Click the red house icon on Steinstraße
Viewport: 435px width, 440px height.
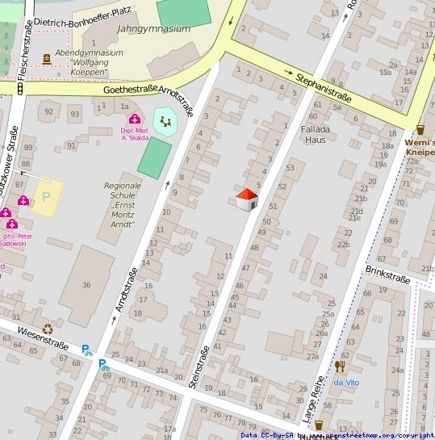tap(247, 199)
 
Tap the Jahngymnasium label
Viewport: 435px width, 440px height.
tap(153, 28)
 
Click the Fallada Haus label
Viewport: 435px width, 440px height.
tap(315, 134)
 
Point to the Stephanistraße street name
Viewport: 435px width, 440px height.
tap(324, 88)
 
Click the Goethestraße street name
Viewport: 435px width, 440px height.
tap(129, 90)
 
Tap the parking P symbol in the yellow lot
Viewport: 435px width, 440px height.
tap(46, 196)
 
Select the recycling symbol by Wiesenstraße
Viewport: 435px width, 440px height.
tap(48, 329)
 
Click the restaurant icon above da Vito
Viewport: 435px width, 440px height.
tap(339, 367)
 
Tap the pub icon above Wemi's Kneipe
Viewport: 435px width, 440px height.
tap(420, 129)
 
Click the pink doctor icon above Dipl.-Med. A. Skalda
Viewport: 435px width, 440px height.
tap(134, 119)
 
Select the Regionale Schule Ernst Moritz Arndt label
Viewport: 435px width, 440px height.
tap(123, 204)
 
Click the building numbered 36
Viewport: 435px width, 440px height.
tap(86, 284)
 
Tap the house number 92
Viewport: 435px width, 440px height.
tap(49, 111)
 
